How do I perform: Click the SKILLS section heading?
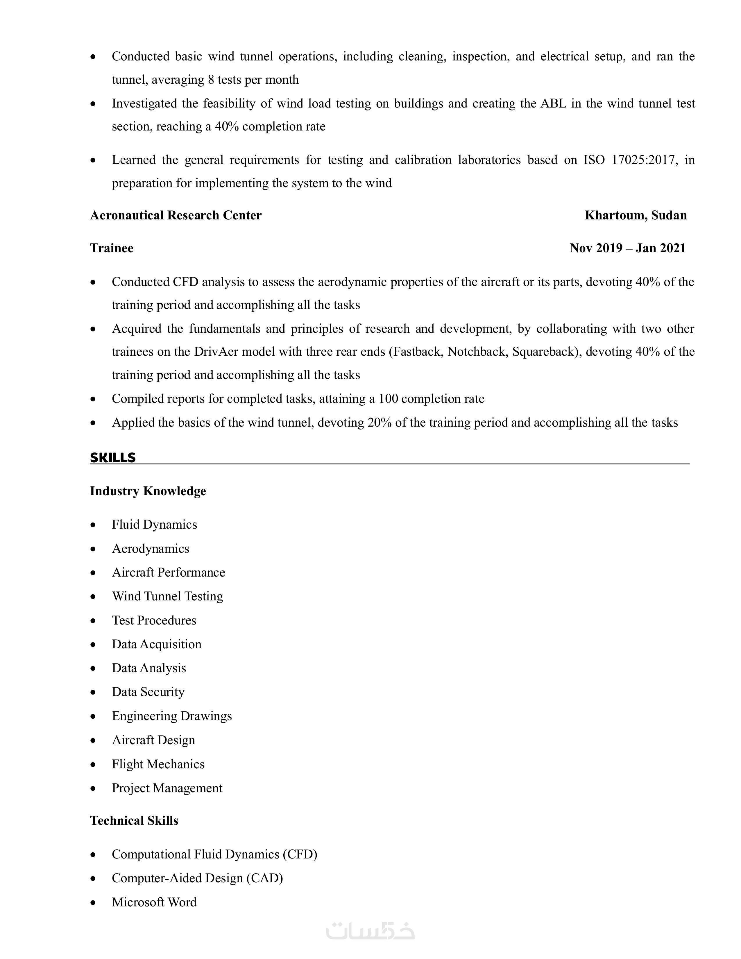coord(113,457)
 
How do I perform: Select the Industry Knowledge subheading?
coord(148,491)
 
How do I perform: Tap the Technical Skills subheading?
coord(134,821)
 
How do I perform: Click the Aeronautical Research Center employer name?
coord(176,215)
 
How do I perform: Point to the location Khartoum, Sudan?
coord(636,215)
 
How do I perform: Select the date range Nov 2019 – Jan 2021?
coord(627,248)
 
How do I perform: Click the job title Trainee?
coord(112,248)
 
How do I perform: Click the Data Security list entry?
coord(148,692)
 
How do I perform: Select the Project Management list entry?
coord(167,788)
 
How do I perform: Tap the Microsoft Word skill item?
coord(154,902)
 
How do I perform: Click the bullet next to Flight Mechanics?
coord(93,765)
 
